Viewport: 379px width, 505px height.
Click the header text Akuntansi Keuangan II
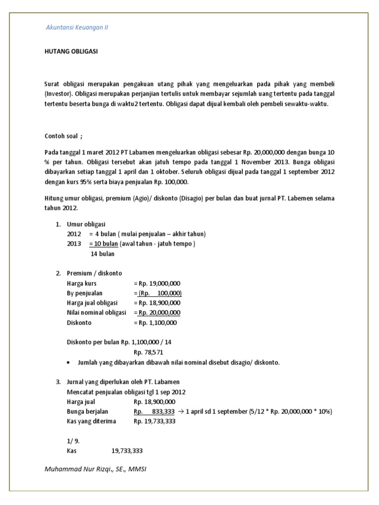(76, 28)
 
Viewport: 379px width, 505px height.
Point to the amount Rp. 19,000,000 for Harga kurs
(159, 284)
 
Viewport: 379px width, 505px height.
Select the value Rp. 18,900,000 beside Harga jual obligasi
(159, 303)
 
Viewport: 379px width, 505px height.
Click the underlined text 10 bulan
(104, 244)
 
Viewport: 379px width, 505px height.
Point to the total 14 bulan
(103, 254)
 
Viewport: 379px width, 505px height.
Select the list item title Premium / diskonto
(94, 273)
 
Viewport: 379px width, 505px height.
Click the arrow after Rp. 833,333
(180, 411)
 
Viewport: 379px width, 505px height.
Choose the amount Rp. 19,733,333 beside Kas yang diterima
(154, 421)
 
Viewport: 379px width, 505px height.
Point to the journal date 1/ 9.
(73, 440)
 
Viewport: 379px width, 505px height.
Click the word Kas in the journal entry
(72, 451)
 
